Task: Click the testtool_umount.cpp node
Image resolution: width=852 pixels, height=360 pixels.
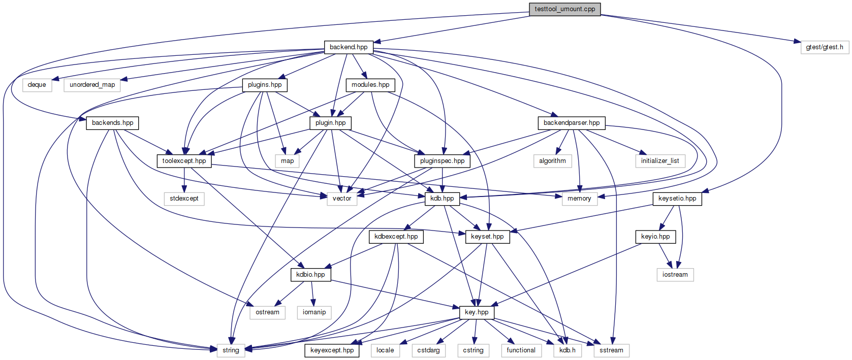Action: coord(565,9)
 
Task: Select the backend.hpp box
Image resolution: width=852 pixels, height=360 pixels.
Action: coord(349,47)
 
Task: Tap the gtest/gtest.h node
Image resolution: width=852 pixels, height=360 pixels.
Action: coord(825,47)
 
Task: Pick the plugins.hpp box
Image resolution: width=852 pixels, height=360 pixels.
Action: coord(265,85)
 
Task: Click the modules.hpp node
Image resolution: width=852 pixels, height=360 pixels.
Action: coord(370,85)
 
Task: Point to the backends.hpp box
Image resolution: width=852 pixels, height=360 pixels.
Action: coord(113,123)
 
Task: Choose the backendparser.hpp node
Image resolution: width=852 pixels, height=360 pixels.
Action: coord(571,123)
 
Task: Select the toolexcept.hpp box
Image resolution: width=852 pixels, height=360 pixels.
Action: coord(184,161)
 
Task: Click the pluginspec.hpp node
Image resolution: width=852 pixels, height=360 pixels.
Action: coord(443,161)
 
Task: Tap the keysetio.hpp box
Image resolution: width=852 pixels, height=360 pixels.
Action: coord(677,199)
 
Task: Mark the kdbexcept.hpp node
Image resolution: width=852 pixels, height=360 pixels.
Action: coord(396,237)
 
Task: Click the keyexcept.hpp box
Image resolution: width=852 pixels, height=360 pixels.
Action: coord(332,350)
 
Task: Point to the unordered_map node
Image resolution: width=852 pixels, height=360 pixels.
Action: coord(92,85)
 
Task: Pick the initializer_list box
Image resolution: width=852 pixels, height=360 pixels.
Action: coord(660,161)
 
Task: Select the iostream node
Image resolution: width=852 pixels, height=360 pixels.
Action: coord(675,275)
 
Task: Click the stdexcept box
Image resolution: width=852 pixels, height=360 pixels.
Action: coord(184,199)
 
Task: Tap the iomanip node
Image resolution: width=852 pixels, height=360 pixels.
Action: coord(314,312)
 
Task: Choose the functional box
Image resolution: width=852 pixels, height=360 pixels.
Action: coord(521,350)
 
